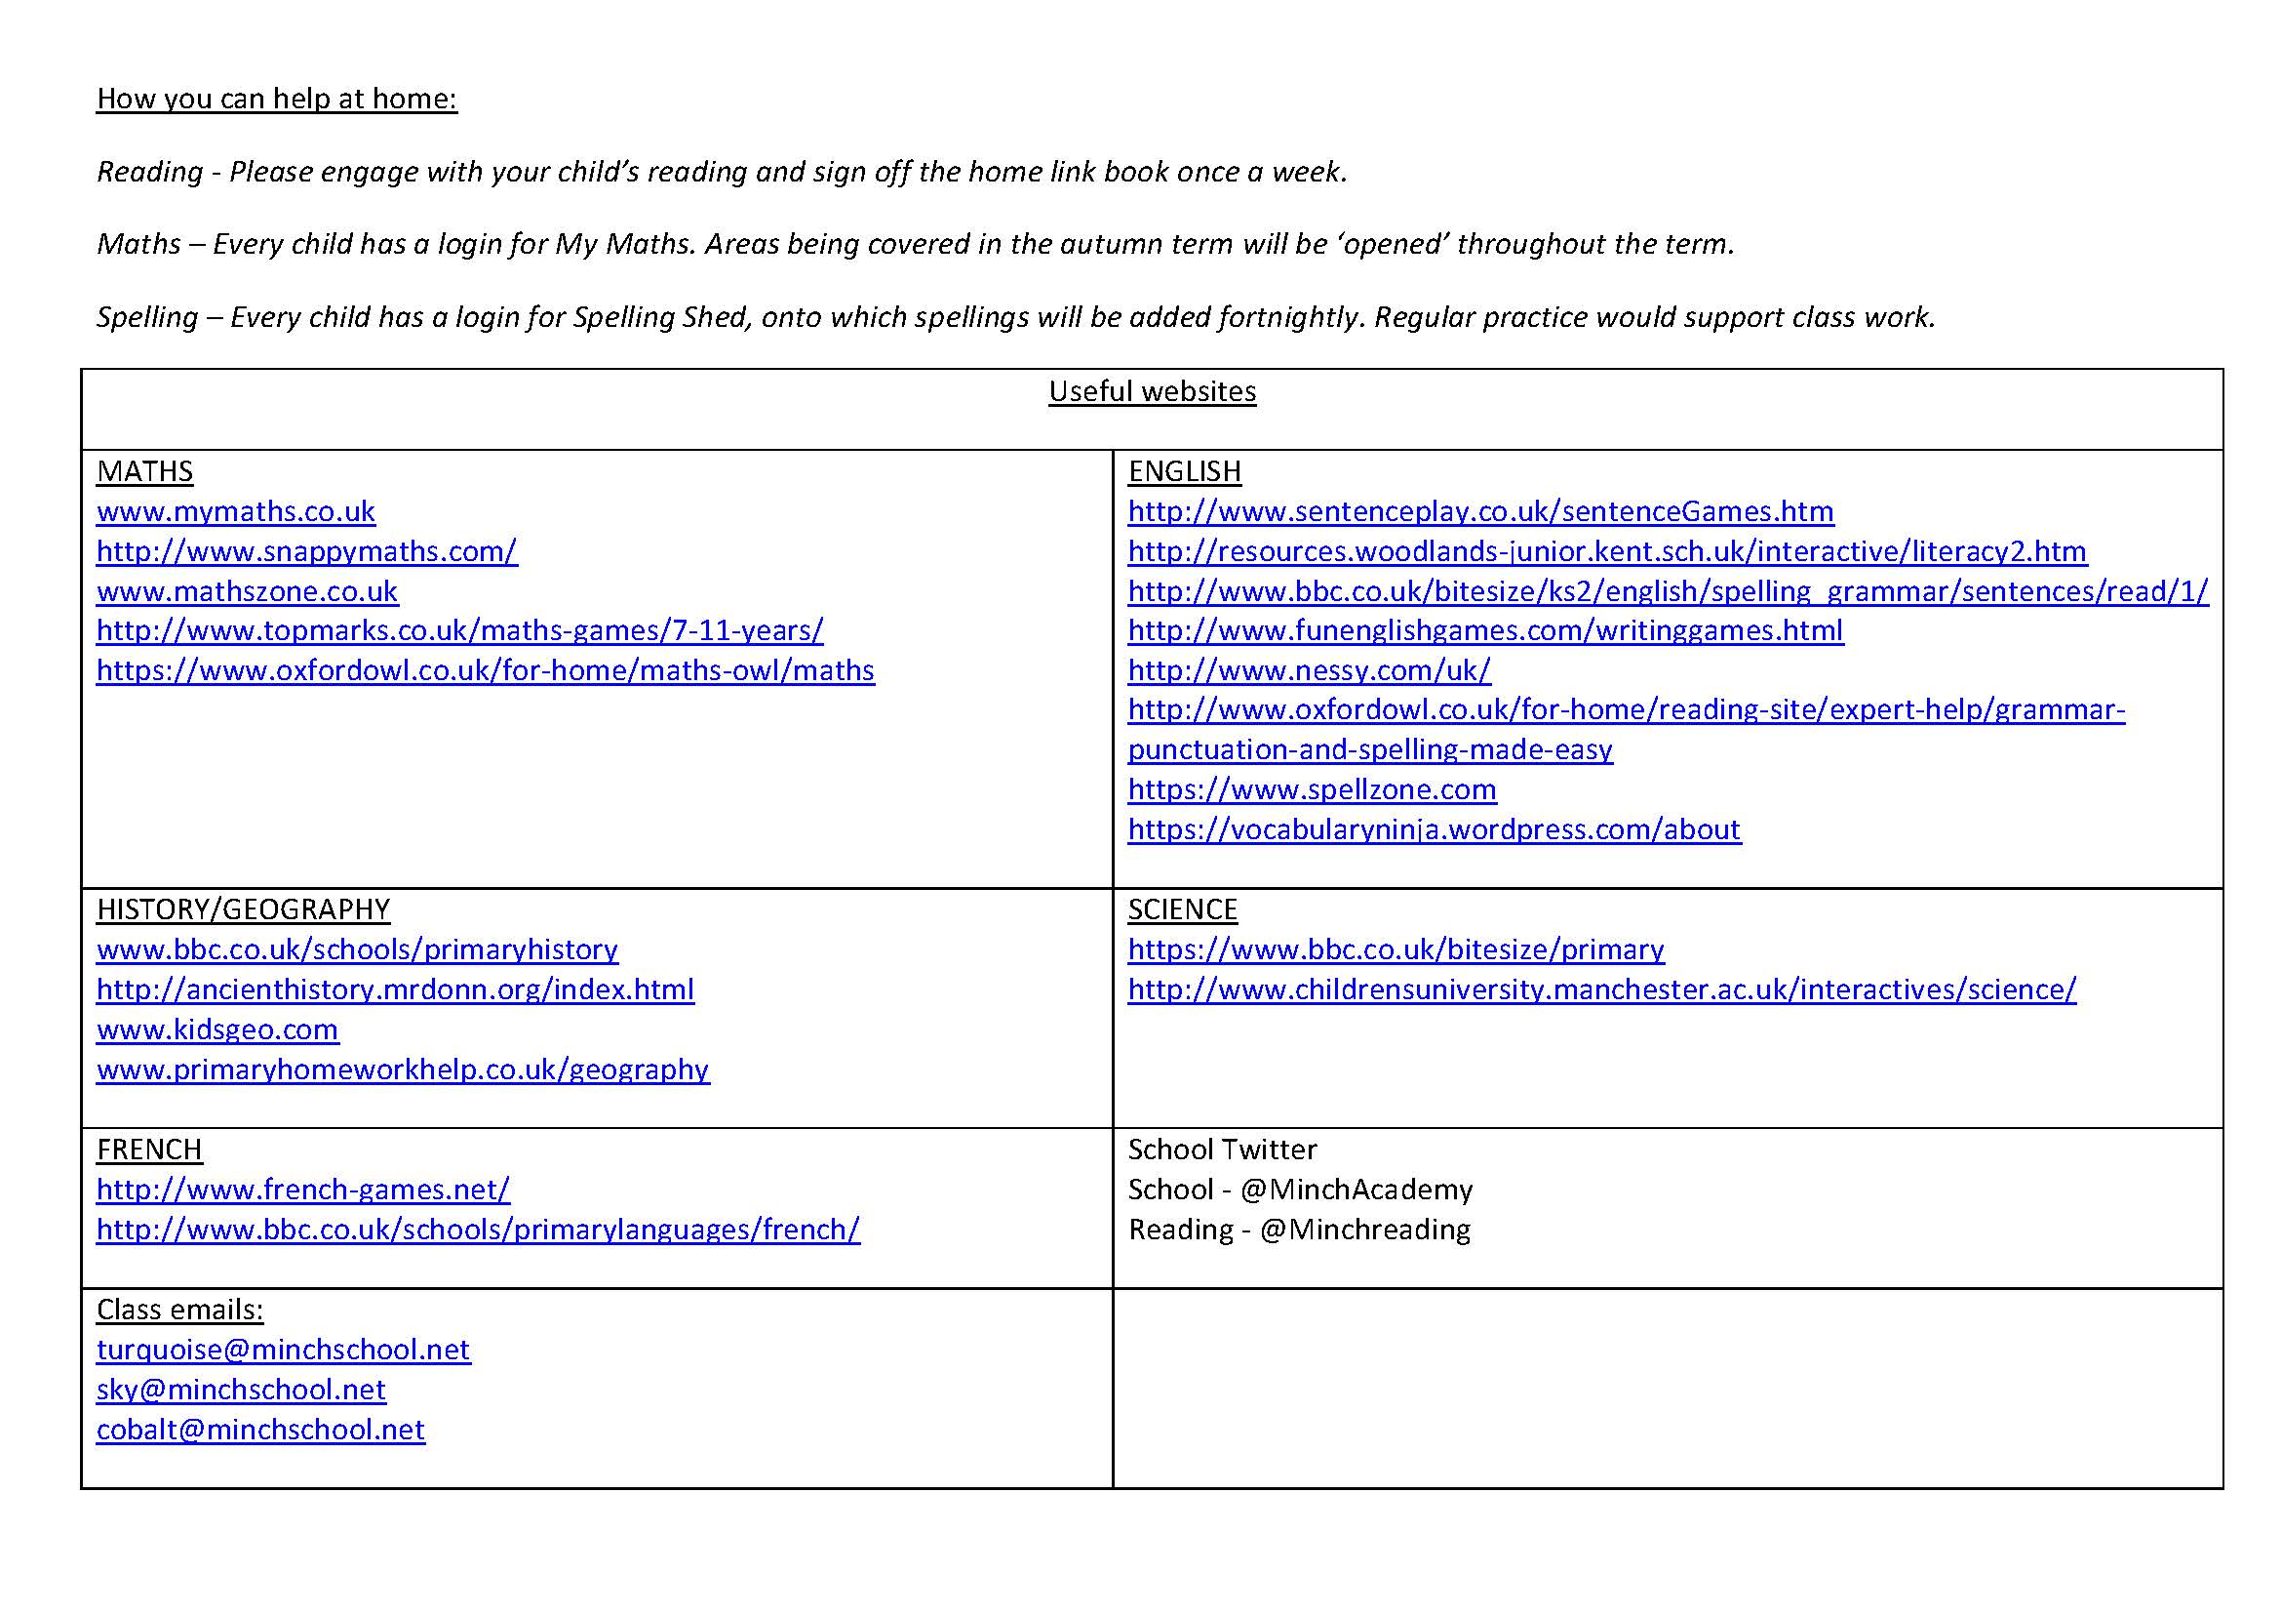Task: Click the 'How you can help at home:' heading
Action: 276,100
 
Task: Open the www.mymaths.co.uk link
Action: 235,512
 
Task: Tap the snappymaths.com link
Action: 307,551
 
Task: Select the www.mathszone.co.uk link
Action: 247,592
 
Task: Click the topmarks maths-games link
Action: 460,631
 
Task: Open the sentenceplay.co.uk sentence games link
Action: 1480,512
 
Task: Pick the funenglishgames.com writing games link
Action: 1485,631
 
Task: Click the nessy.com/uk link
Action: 1309,670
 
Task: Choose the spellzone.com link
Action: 1312,790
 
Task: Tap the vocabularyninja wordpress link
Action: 1434,829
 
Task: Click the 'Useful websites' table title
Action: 1152,391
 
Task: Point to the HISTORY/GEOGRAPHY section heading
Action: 243,910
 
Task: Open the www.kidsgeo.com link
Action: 217,1029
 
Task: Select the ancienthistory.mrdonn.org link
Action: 394,989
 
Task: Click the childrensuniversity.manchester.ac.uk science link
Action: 1601,989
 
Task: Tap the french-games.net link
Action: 303,1190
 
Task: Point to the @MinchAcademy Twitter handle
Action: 1357,1190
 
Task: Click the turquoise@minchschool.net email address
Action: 283,1350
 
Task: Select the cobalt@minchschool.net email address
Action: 260,1431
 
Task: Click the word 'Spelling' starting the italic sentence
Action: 147,318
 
